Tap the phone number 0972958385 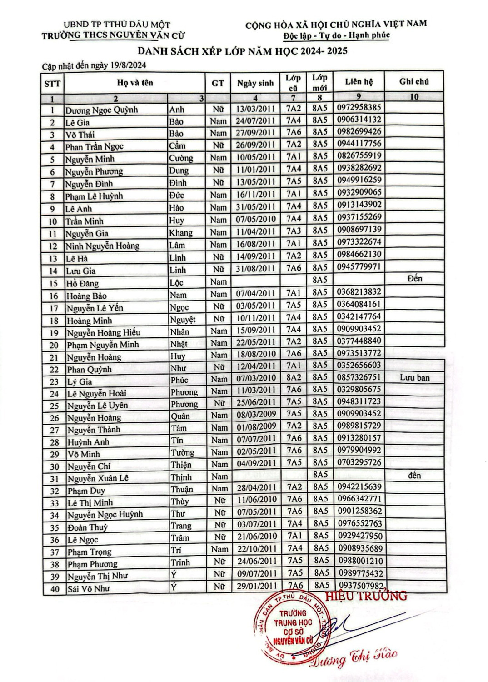[359, 108]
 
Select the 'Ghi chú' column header [414, 82]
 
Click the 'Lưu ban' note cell [414, 377]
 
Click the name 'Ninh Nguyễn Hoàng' [102, 246]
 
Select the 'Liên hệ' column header [359, 82]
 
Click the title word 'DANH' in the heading [154, 51]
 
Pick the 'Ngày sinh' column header [255, 83]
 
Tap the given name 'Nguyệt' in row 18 [183, 320]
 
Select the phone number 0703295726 [359, 462]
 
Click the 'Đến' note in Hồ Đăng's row [414, 278]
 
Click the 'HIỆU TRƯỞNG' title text [366, 596]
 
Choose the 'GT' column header [218, 83]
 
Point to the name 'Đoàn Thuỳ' [88, 527]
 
